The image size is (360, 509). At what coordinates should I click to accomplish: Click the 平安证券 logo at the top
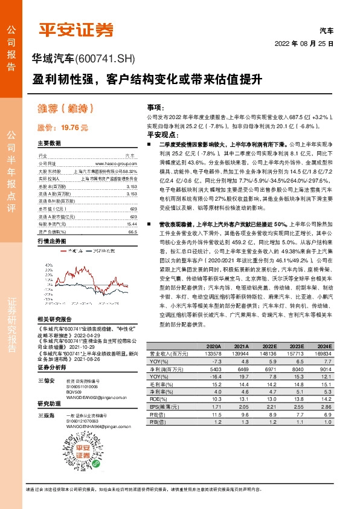[x=76, y=29]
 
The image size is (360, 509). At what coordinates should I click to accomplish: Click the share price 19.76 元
[x=63, y=128]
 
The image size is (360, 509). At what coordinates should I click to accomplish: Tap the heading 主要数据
[x=49, y=143]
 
